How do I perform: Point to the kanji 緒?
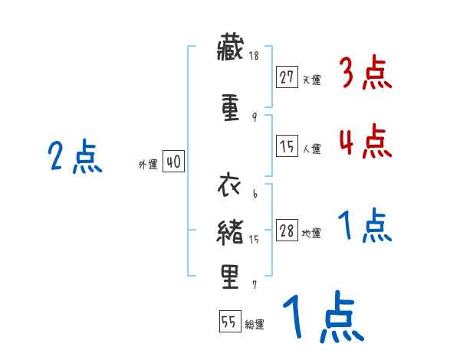231,230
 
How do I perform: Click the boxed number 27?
287,77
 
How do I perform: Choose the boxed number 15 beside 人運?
287,147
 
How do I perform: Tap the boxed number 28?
287,231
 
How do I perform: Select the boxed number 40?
173,162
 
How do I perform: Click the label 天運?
311,79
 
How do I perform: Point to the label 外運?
147,164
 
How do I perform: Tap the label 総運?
255,324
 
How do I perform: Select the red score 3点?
365,75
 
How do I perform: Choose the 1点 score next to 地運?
365,227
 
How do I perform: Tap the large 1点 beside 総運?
323,316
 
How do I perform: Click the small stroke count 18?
254,56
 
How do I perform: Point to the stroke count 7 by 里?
254,285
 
